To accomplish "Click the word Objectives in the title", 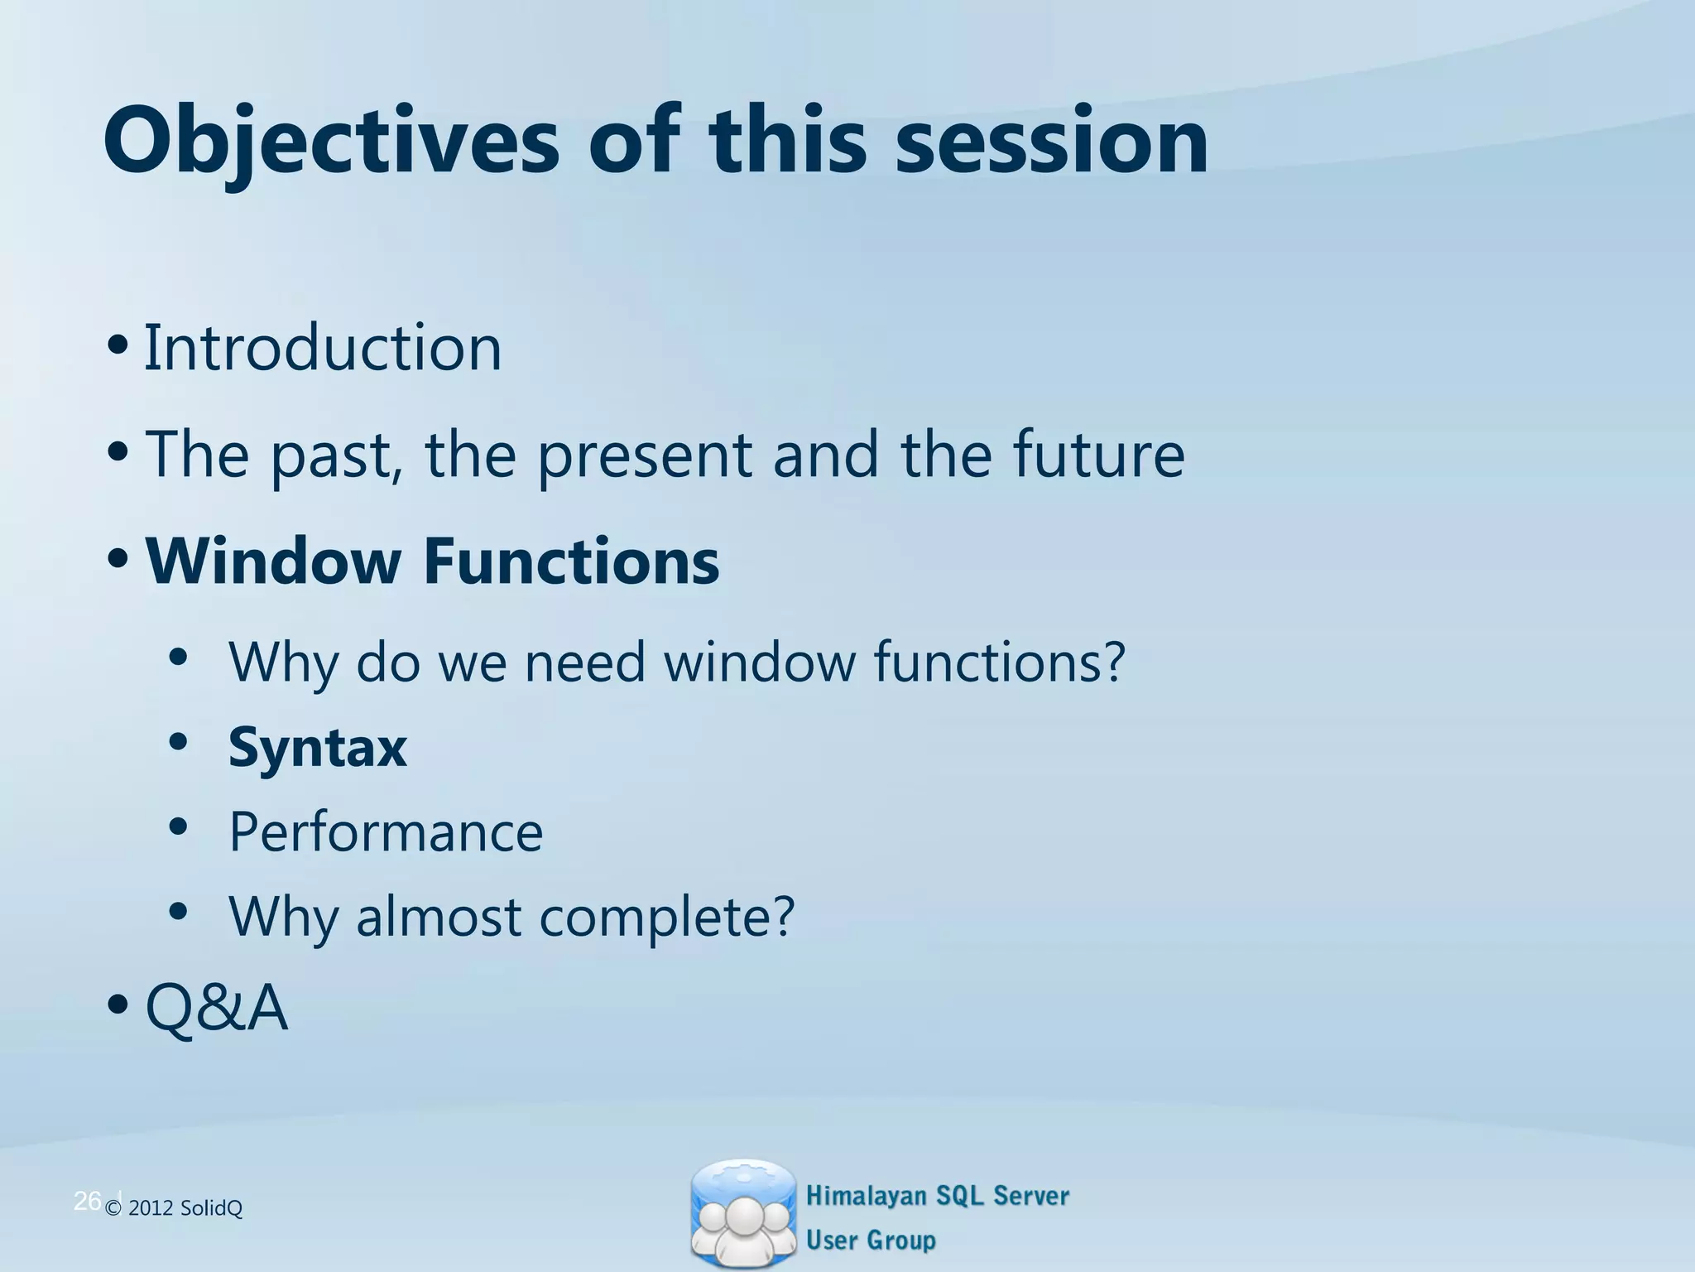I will pos(331,142).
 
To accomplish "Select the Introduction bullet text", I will pos(323,348).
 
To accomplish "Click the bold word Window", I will pos(273,561).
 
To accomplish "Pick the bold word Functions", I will pos(571,561).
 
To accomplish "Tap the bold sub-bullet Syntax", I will pos(318,748).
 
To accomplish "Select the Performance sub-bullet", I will pos(386,831).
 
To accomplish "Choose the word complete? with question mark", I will pos(666,918).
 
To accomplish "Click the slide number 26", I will pos(87,1201).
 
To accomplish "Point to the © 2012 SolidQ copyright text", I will pos(174,1209).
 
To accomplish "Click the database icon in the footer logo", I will pos(743,1214).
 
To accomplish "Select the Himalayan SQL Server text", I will pos(937,1196).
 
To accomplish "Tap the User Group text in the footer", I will pos(871,1241).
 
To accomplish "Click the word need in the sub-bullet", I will pos(584,662).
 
